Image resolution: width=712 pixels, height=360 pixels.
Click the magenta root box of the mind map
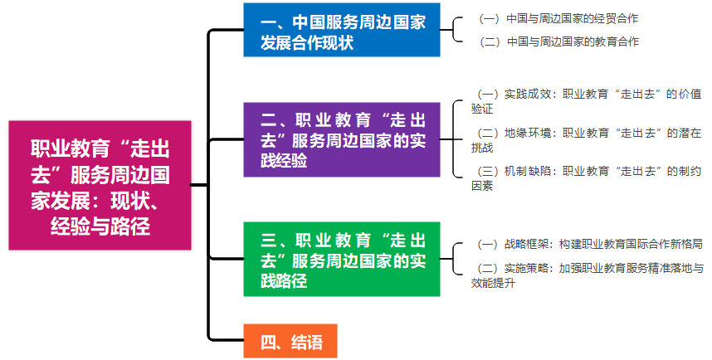click(100, 184)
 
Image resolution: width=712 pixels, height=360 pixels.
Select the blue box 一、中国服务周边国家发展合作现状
click(341, 31)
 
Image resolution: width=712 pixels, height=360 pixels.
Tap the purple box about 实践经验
click(341, 139)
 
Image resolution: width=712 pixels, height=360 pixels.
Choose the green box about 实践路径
click(341, 259)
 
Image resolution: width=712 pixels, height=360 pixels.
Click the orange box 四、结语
click(290, 341)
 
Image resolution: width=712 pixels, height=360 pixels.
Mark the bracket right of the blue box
click(455, 29)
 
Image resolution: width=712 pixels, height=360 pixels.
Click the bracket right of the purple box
click(455, 139)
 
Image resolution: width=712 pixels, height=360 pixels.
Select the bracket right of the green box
click(455, 259)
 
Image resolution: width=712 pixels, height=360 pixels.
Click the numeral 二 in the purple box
click(268, 118)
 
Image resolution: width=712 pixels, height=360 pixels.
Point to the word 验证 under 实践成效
click(482, 109)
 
